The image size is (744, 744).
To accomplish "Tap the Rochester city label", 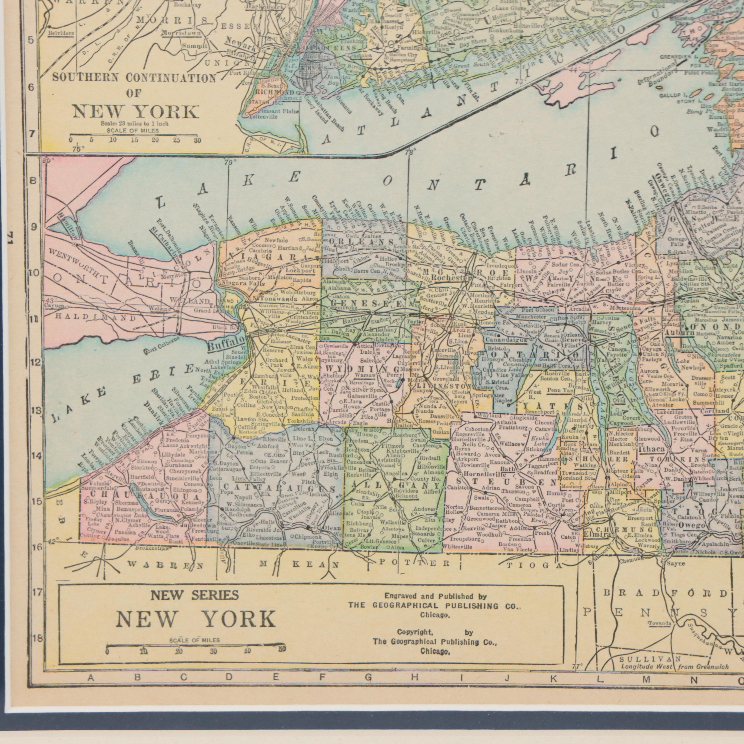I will (x=451, y=278).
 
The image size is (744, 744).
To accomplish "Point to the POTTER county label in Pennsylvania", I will (x=414, y=563).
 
